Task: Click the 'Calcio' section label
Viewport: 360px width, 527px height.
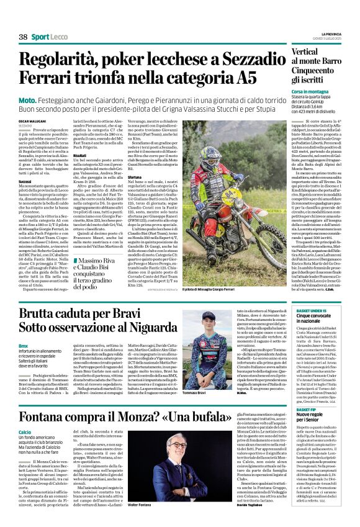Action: (25, 414)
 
